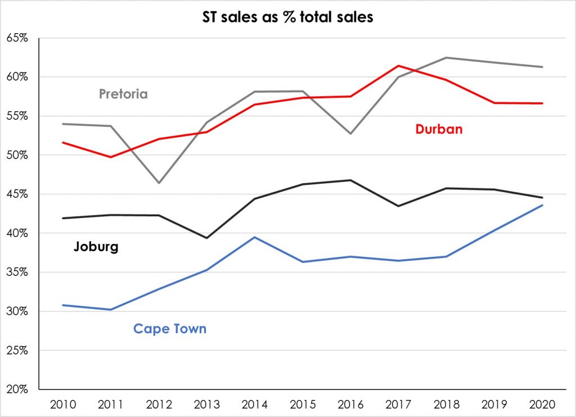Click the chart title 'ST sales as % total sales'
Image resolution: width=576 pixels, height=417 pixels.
click(x=288, y=17)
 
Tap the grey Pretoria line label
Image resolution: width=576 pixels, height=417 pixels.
click(x=123, y=94)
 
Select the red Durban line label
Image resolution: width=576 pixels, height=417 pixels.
click(x=439, y=129)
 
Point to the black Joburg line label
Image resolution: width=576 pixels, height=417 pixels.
click(x=96, y=247)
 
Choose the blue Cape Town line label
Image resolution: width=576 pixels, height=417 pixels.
click(x=170, y=329)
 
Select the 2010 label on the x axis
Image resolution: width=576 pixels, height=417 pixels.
click(x=63, y=405)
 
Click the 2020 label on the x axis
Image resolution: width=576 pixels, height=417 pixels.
click(x=542, y=405)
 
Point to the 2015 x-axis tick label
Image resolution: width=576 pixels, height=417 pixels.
click(x=303, y=405)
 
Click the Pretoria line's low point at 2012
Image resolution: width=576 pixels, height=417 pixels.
click(x=159, y=183)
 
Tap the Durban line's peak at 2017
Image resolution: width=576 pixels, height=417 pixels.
click(x=398, y=65)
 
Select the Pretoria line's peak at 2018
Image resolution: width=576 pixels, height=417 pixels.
click(x=447, y=57)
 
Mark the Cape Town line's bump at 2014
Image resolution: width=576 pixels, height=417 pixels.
click(x=255, y=237)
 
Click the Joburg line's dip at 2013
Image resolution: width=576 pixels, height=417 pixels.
click(x=206, y=238)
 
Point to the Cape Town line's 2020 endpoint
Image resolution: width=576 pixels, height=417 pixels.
click(x=542, y=205)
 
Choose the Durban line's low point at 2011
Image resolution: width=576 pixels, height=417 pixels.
click(x=111, y=157)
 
